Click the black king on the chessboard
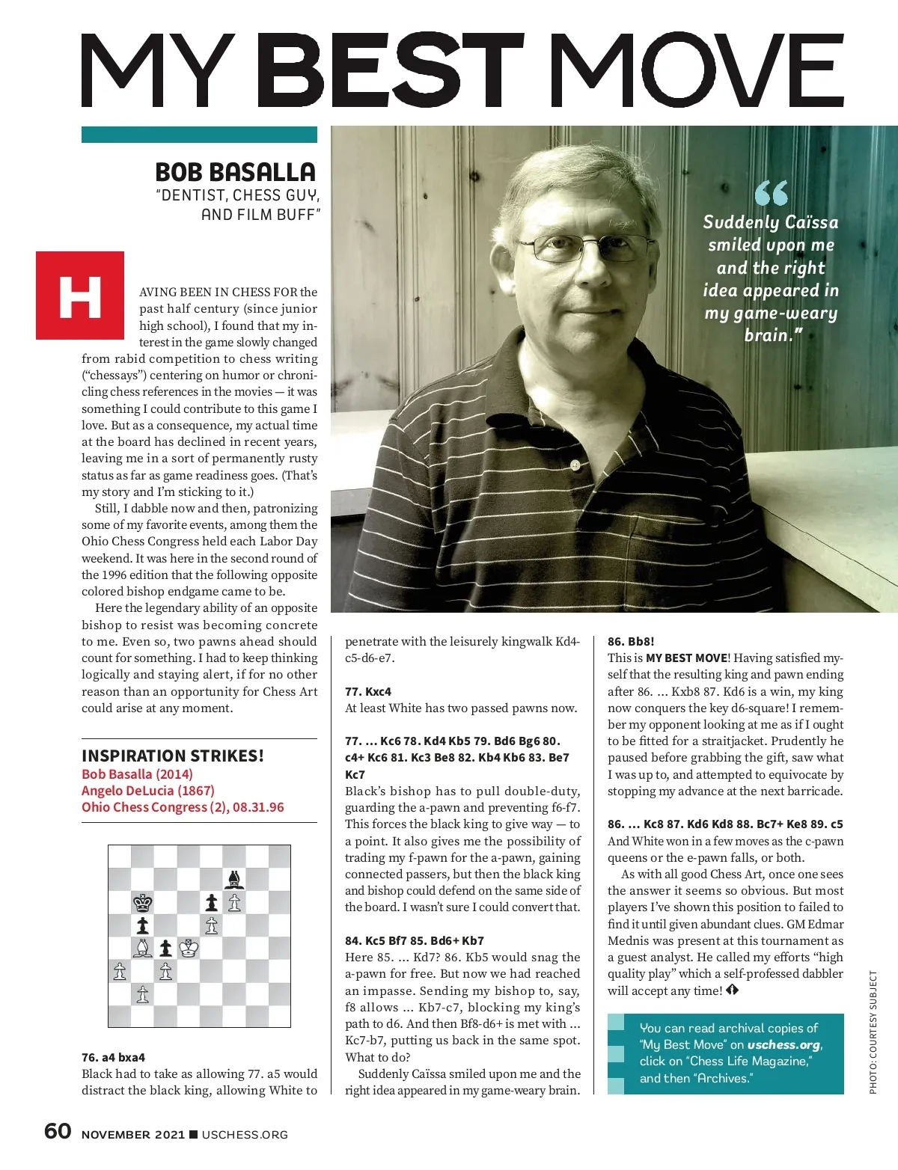coord(142,902)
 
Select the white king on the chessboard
coord(189,949)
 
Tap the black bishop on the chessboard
coord(235,879)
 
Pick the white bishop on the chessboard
coord(142,949)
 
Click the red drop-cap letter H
coord(80,295)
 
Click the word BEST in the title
coord(394,72)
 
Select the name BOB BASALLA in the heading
coord(235,172)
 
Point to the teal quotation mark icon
coord(771,193)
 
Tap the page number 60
coord(58,1131)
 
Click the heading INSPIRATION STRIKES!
coord(173,756)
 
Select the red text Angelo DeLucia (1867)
coord(147,791)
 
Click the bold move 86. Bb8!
coord(631,641)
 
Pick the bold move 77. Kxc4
coord(368,691)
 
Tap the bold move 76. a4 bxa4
coord(113,1057)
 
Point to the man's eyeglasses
coord(584,248)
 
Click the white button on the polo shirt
coord(575,465)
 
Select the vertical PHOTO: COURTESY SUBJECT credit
coord(873,1032)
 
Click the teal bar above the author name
coord(199,135)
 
